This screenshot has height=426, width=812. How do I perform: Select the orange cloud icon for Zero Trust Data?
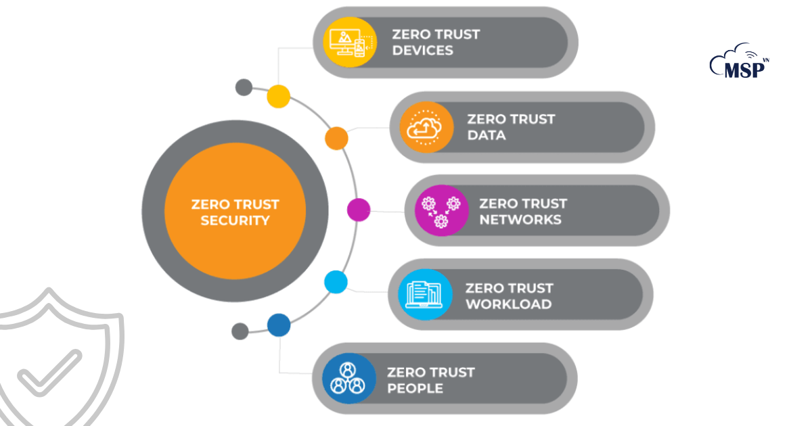426,126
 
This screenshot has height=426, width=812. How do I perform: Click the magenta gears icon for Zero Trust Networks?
441,210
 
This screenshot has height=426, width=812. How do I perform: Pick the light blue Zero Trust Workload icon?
425,295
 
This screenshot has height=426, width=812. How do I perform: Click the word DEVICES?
423,50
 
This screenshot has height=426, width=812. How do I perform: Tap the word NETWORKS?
520,219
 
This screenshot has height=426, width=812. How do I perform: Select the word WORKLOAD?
508,304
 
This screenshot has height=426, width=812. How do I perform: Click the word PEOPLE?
415,388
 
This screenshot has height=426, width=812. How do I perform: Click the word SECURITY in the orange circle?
235,220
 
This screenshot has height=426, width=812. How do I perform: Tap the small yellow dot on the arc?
279,96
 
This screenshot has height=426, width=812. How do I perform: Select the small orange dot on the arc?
336,138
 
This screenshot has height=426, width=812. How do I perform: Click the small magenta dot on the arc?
359,210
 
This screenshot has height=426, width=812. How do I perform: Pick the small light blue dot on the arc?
336,282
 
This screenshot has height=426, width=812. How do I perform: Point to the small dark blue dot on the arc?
279,325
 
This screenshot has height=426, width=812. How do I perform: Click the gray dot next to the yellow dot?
244,87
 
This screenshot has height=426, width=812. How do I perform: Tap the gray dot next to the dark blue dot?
240,331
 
